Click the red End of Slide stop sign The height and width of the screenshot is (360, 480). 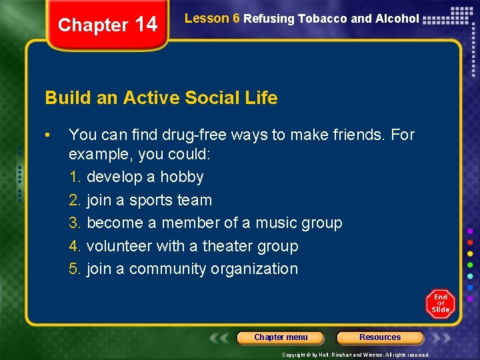pyautogui.click(x=440, y=303)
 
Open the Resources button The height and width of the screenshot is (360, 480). pyautogui.click(x=380, y=337)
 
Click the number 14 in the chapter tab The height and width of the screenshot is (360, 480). pyautogui.click(x=146, y=25)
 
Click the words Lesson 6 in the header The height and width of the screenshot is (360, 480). pyautogui.click(x=211, y=19)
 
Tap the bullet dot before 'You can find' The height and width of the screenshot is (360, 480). pyautogui.click(x=48, y=135)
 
